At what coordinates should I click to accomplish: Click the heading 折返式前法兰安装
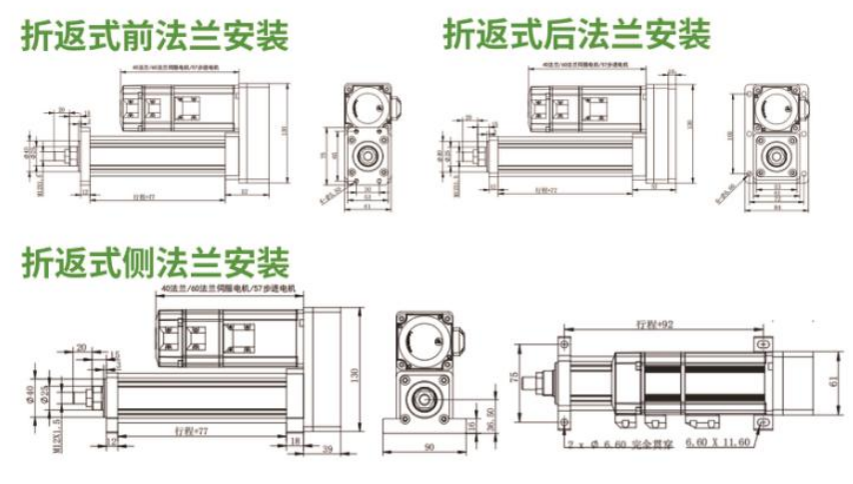tap(155, 36)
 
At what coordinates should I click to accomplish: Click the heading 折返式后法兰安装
tap(576, 36)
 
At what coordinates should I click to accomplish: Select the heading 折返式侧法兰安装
tap(155, 263)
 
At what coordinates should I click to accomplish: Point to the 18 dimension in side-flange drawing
tap(295, 438)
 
